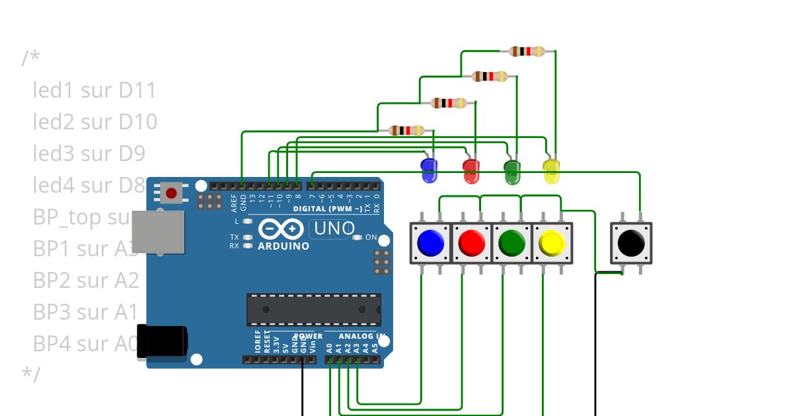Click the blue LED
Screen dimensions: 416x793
click(429, 170)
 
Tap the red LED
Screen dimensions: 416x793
click(471, 170)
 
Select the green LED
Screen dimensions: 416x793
click(511, 171)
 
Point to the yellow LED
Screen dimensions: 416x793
click(551, 170)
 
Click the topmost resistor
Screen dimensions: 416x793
click(527, 51)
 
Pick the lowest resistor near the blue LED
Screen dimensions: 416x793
click(406, 130)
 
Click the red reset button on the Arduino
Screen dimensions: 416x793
click(171, 193)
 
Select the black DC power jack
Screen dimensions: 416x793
click(161, 341)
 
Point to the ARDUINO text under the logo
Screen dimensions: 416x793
click(283, 246)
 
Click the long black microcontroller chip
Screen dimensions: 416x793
click(313, 310)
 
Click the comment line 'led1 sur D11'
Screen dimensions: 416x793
click(94, 90)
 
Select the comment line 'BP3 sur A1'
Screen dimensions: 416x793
click(85, 312)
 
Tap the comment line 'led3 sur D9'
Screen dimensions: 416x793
click(89, 154)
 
